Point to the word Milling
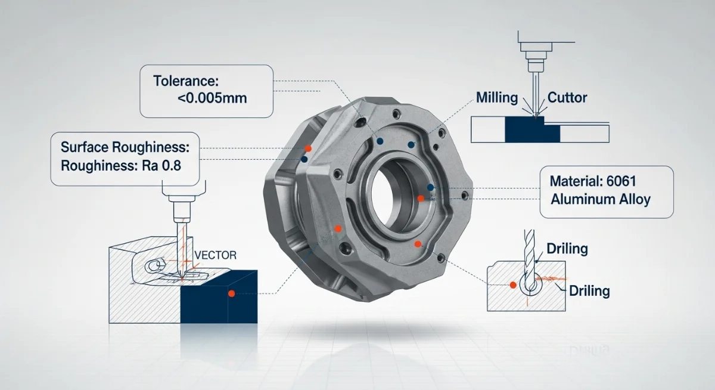pos(497,98)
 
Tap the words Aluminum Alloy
pos(601,199)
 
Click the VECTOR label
pos(216,255)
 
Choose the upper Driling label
pos(567,248)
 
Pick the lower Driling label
pos(589,291)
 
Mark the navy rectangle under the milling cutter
pos(532,129)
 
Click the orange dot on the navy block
pos(231,293)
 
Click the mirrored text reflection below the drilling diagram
pos(588,349)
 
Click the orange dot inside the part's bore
pos(421,198)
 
